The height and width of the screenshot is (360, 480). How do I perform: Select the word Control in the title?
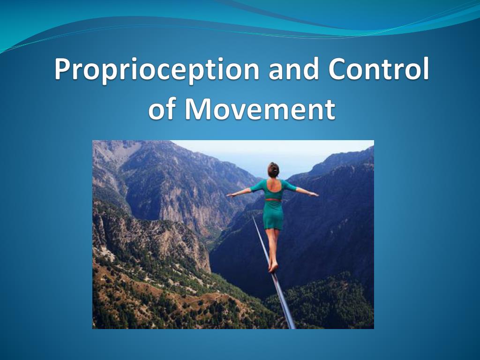pyautogui.click(x=378, y=69)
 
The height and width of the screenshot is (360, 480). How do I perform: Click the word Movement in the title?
pyautogui.click(x=260, y=109)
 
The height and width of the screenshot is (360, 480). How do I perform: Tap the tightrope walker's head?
pyautogui.click(x=273, y=170)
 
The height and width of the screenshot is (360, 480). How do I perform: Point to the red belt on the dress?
pyautogui.click(x=273, y=200)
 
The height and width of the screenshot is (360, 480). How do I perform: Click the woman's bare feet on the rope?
pyautogui.click(x=273, y=267)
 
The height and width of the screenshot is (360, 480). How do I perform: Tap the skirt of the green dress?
pyautogui.click(x=273, y=215)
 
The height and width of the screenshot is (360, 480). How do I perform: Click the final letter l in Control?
pyautogui.click(x=426, y=68)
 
